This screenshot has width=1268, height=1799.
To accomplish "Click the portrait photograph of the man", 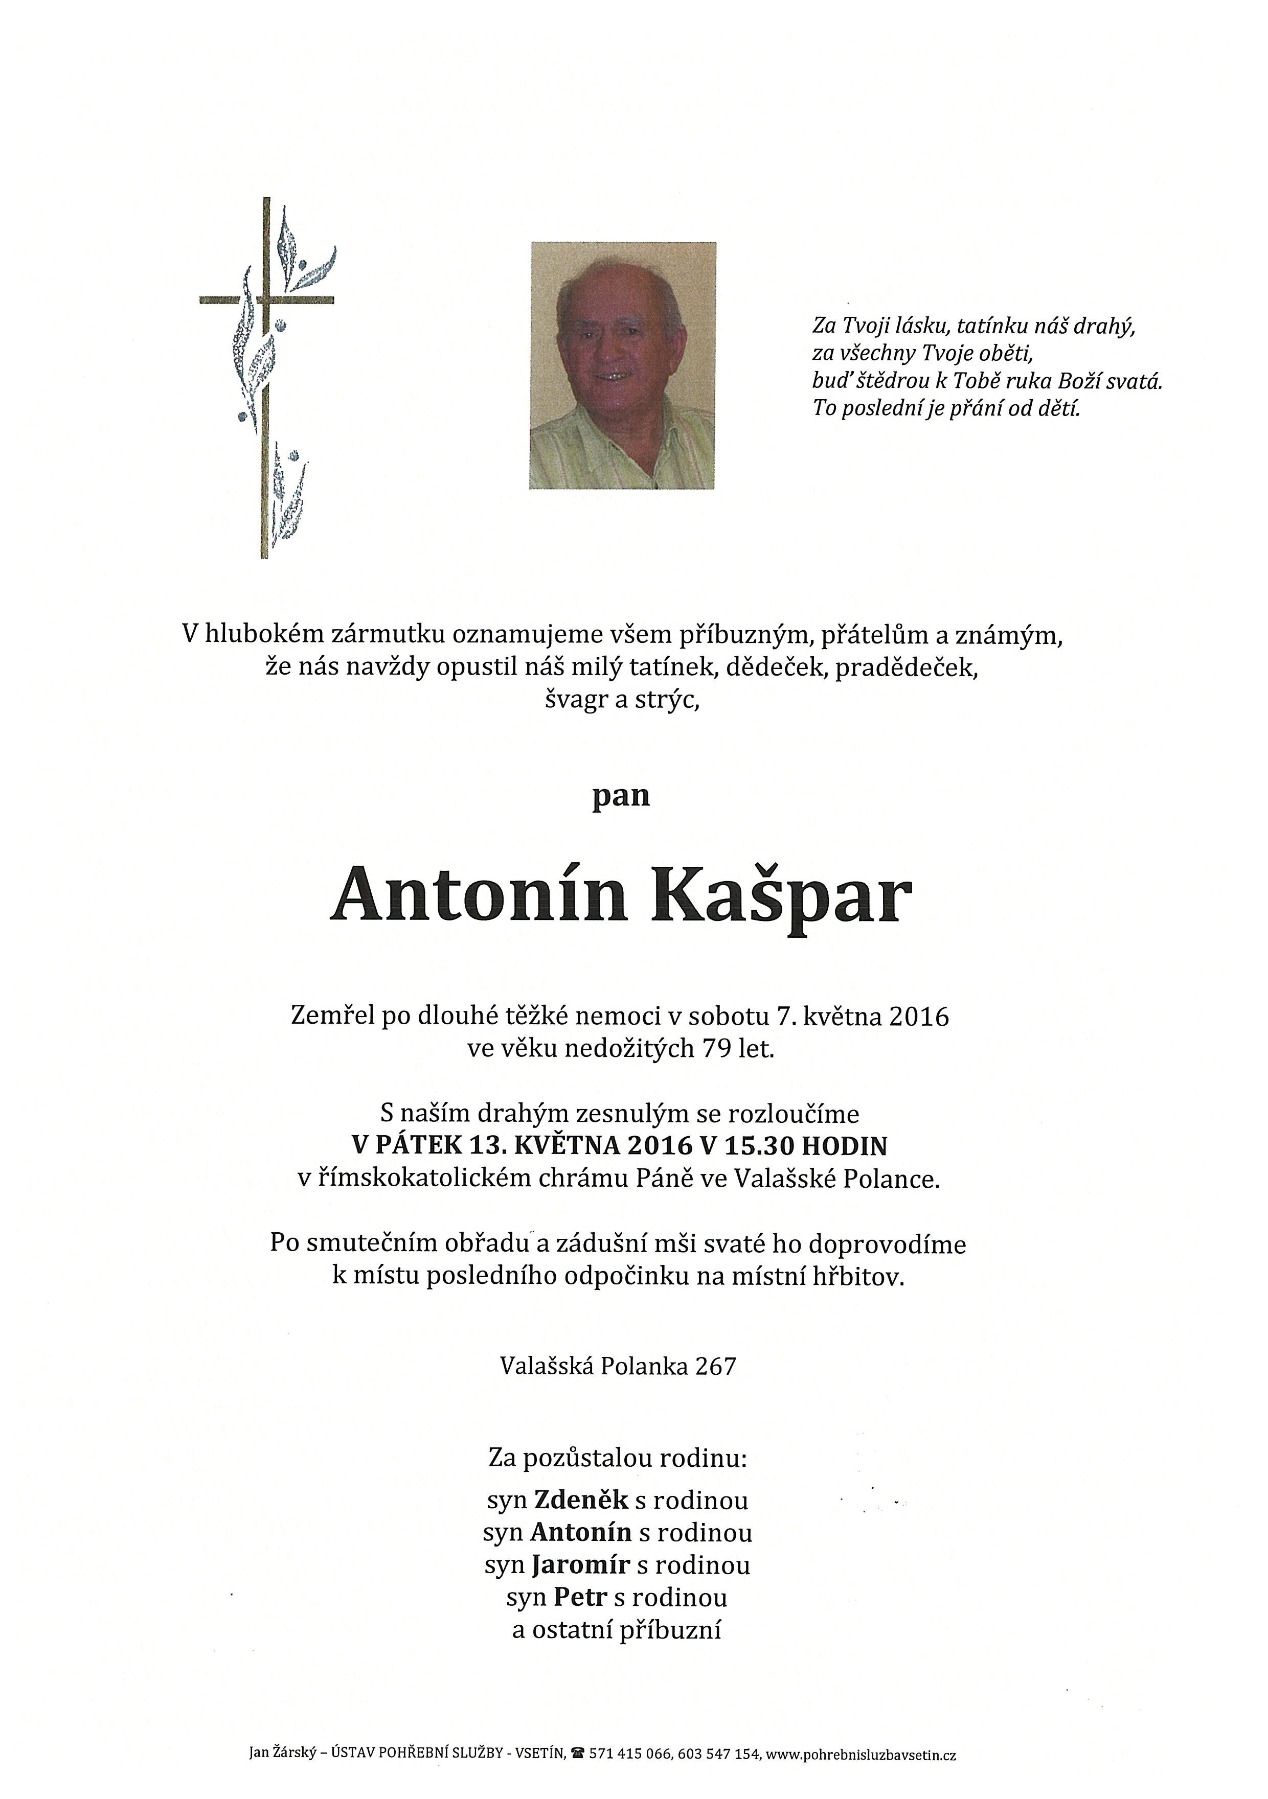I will (622, 365).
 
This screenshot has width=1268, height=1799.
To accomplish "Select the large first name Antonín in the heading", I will (480, 894).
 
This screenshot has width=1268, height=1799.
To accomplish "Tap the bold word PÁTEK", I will (418, 1146).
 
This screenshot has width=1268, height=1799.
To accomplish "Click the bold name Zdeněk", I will (581, 1500).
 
